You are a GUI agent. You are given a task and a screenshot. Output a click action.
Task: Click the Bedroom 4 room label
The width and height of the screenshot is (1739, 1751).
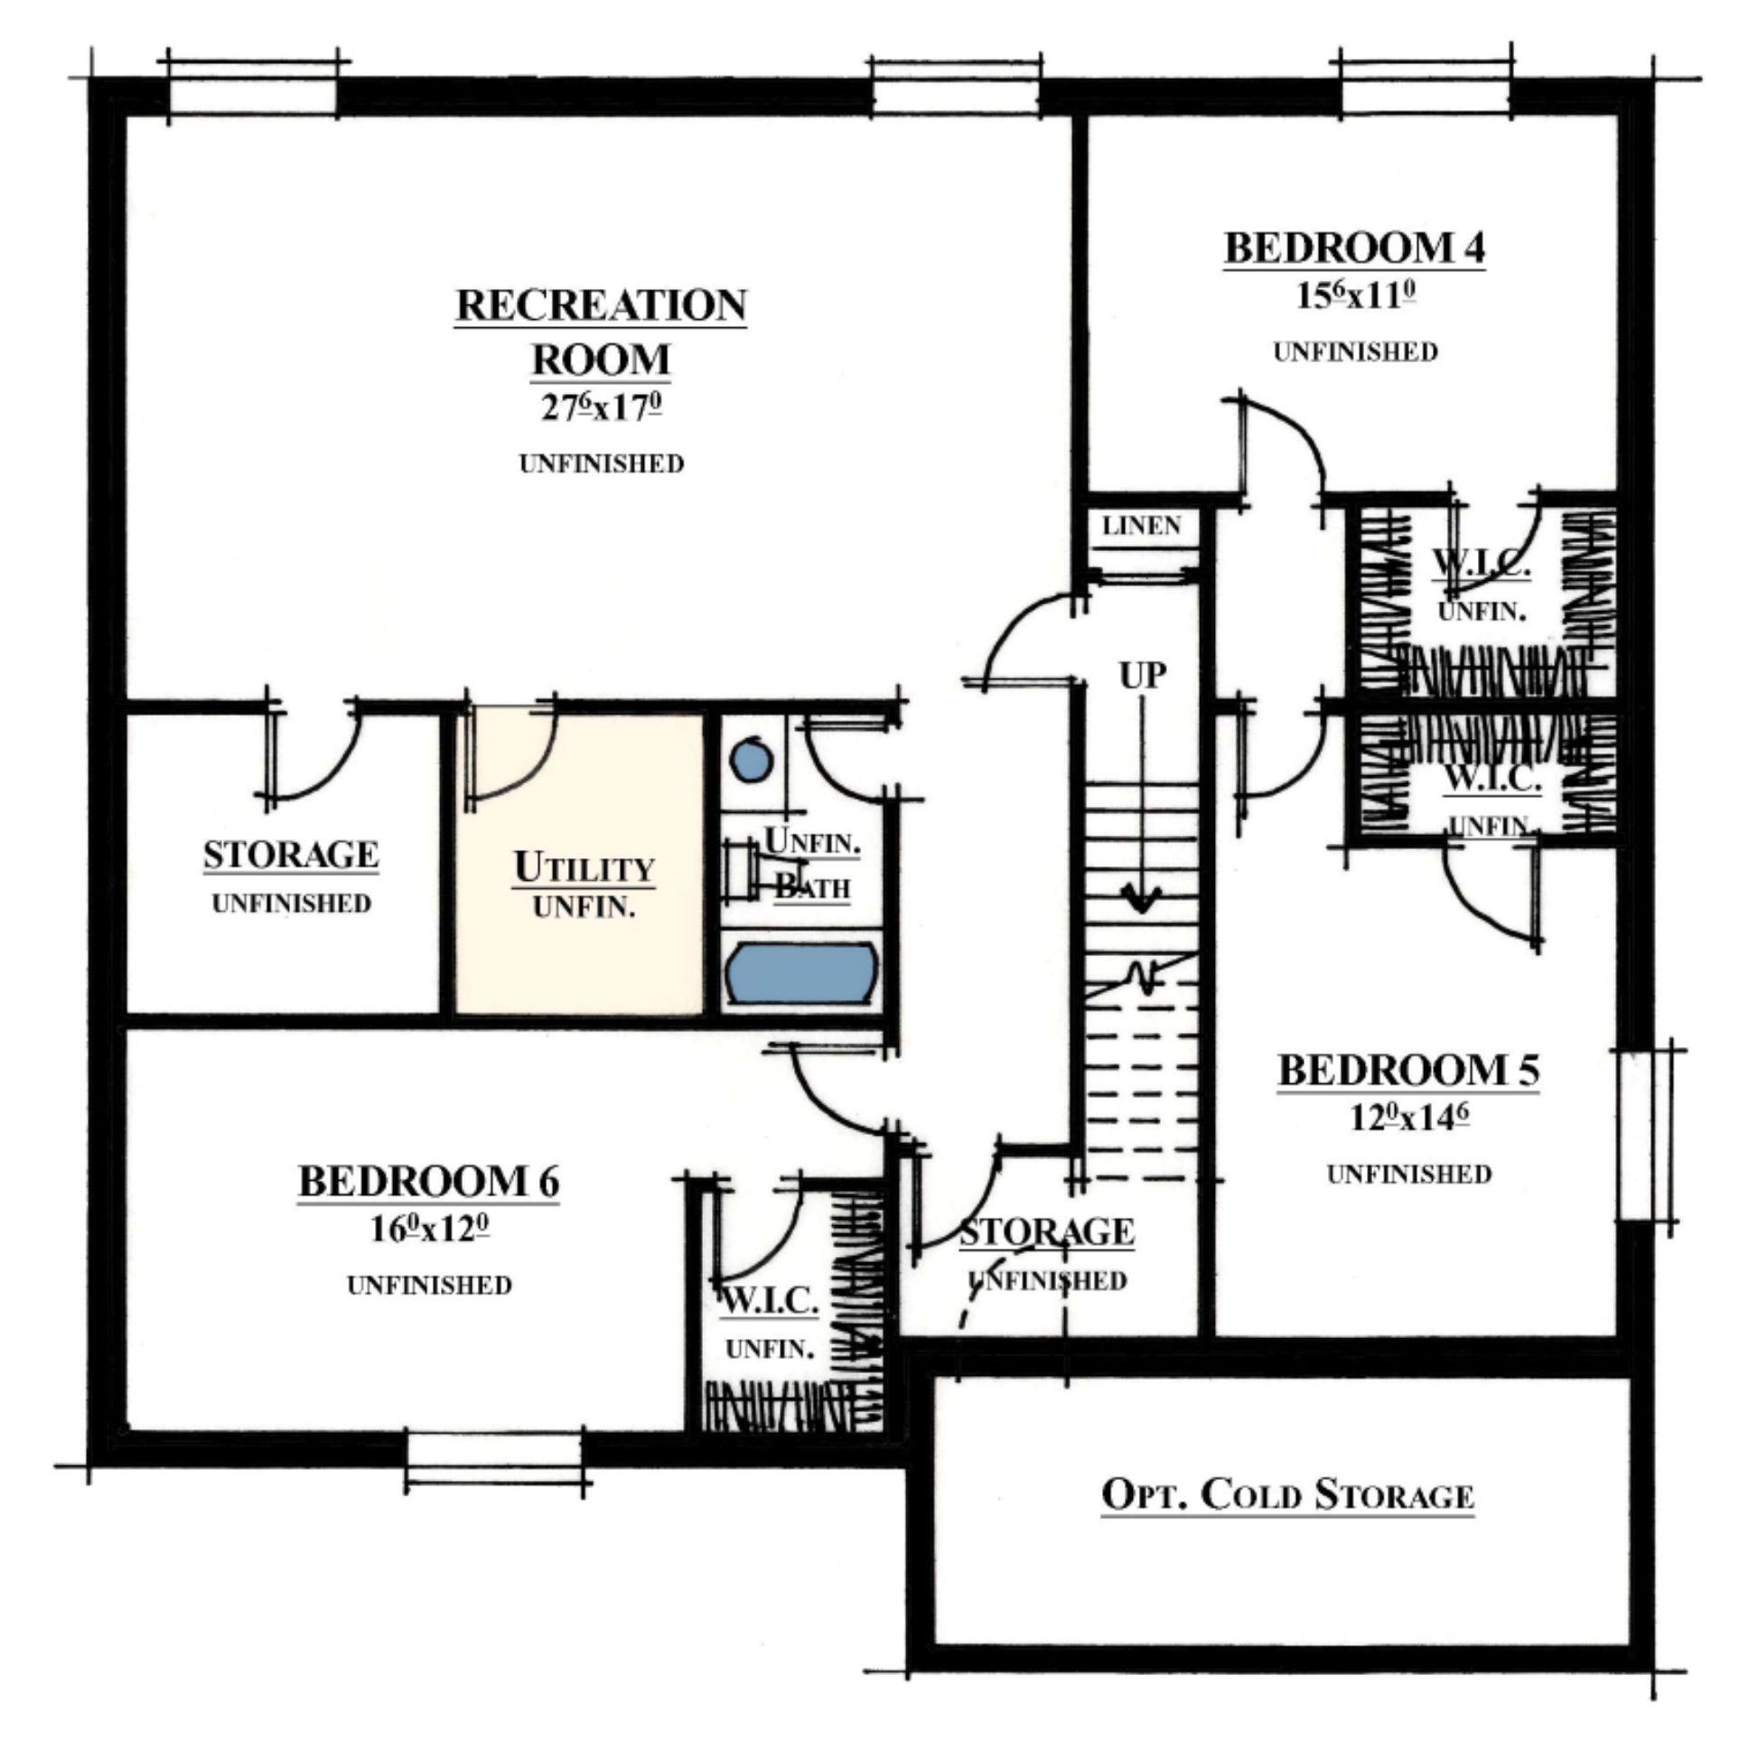(x=1355, y=248)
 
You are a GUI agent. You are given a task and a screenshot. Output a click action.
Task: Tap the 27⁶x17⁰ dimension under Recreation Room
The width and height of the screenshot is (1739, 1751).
(x=601, y=407)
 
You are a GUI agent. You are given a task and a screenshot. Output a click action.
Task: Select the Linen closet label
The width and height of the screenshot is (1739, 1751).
(x=1142, y=526)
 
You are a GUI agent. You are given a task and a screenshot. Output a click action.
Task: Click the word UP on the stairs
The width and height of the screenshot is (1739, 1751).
(x=1141, y=674)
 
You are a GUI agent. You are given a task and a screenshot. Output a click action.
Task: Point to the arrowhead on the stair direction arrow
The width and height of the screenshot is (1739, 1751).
(x=1141, y=901)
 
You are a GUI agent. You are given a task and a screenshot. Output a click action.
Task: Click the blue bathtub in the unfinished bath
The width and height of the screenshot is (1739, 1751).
(x=802, y=972)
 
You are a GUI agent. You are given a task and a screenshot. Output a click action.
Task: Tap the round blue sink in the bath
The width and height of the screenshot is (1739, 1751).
(x=752, y=762)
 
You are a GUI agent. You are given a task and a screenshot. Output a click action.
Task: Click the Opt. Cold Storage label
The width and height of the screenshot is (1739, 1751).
(x=1286, y=1493)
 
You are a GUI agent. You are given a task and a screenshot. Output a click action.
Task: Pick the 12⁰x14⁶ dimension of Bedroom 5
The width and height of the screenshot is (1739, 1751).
(x=1409, y=1118)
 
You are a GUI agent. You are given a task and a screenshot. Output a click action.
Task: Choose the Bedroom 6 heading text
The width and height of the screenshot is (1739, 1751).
(x=428, y=1182)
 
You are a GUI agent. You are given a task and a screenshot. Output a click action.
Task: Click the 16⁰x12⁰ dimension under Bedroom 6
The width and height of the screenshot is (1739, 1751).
(x=429, y=1229)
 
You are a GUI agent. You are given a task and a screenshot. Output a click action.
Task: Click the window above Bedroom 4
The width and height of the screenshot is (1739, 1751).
(x=1426, y=89)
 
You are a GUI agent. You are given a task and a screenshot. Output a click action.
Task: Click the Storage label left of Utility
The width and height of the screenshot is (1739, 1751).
(x=291, y=856)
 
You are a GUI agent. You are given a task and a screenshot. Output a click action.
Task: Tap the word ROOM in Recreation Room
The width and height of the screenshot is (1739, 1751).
(x=601, y=360)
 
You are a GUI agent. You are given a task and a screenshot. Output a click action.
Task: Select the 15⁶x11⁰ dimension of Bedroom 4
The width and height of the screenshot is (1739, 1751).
(x=1356, y=296)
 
